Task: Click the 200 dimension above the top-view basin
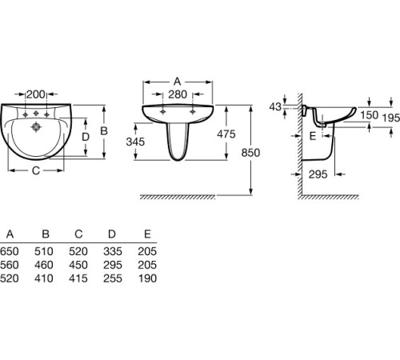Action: coord(36,94)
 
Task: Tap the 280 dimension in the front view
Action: coord(178,94)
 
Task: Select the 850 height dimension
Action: coord(250,153)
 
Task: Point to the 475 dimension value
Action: coord(226,134)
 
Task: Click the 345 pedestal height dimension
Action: coord(135,142)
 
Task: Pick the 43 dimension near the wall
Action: coord(275,107)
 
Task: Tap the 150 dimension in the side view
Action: coord(370,115)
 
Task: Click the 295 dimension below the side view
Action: coord(318,174)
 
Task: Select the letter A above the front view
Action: coord(178,82)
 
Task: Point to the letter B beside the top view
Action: coord(104,131)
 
